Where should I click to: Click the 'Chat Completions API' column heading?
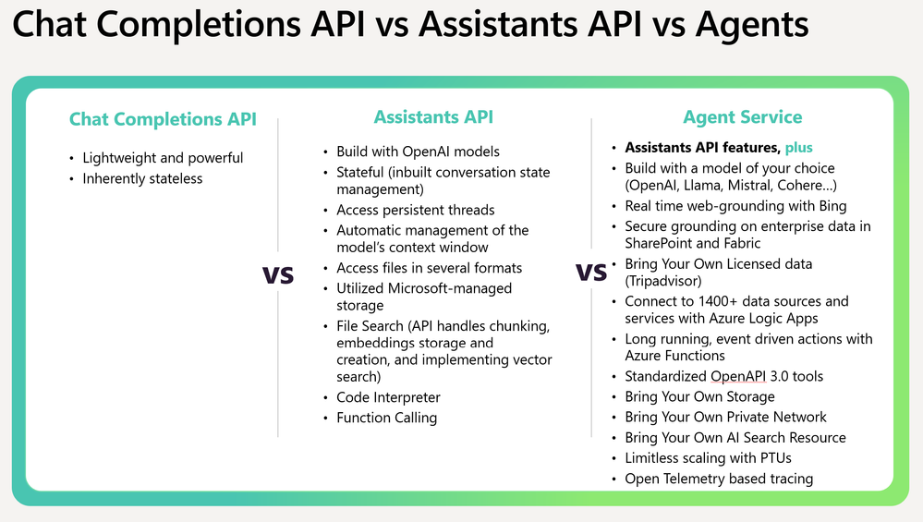click(x=163, y=119)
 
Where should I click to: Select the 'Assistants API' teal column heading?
click(x=434, y=117)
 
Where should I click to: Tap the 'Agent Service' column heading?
click(x=742, y=117)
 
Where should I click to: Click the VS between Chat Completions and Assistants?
click(x=278, y=274)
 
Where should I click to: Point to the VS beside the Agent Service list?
click(x=590, y=273)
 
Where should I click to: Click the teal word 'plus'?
click(x=799, y=148)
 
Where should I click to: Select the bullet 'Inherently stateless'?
click(x=142, y=179)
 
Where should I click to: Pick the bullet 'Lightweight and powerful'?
click(x=163, y=158)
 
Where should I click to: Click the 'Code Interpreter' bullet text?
click(x=388, y=397)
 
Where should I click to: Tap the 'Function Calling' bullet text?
click(x=387, y=418)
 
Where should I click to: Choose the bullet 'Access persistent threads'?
click(x=416, y=210)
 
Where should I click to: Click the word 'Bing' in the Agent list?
click(x=833, y=206)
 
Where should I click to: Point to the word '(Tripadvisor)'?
click(x=663, y=281)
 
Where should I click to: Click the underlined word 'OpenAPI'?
click(x=738, y=377)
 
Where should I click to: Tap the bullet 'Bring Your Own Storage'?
click(x=700, y=397)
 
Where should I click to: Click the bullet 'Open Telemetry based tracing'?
click(x=719, y=480)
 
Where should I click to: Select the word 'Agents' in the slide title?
click(x=752, y=25)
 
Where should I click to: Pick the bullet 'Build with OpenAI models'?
click(x=418, y=152)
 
